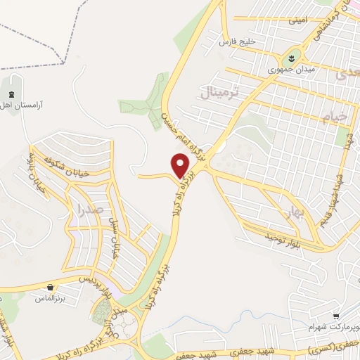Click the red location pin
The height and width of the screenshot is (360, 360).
[181, 165]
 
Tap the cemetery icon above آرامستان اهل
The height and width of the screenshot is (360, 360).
[12, 94]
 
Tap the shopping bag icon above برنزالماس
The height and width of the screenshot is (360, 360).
[51, 287]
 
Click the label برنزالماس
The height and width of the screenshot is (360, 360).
[51, 298]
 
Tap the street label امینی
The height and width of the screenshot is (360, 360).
[297, 21]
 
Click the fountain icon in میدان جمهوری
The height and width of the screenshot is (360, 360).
[291, 55]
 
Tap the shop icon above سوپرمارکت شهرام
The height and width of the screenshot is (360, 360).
[337, 316]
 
